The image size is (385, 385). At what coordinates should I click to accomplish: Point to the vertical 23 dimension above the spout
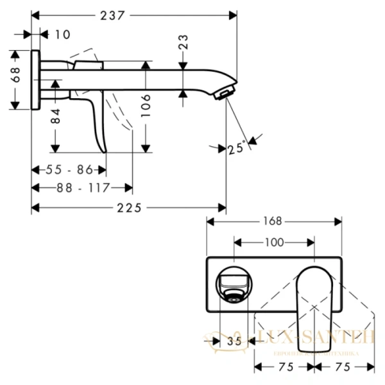click(x=184, y=43)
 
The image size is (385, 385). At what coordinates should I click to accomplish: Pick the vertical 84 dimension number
click(x=56, y=116)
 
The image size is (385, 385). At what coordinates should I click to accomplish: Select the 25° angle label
click(x=236, y=148)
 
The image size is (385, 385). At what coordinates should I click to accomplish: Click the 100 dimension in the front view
click(x=275, y=243)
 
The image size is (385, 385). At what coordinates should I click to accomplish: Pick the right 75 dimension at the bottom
click(x=343, y=368)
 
